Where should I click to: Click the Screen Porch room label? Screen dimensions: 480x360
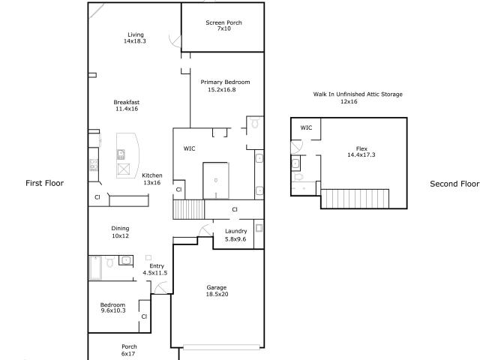tap(223, 22)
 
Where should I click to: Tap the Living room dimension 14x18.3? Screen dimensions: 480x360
tap(135, 41)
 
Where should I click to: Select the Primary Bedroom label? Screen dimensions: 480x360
tap(225, 82)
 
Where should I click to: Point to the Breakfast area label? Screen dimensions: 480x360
tap(127, 102)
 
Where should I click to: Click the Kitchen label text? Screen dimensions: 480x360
tap(152, 175)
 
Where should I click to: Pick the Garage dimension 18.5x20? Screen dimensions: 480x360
tap(217, 294)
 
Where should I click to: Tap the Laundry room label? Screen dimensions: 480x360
tap(236, 232)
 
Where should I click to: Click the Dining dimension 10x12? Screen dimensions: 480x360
tap(120, 235)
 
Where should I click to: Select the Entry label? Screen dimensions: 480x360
tap(157, 266)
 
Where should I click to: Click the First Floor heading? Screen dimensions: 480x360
tap(45, 183)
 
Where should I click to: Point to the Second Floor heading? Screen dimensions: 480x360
tap(454, 184)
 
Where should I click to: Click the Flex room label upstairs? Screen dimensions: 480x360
tap(361, 148)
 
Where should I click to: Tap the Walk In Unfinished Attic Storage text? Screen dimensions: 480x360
tap(358, 94)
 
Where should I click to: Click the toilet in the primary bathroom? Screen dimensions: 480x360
tap(255, 123)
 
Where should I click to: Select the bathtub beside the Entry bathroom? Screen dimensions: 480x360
tap(95, 268)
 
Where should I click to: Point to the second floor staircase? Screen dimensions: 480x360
tap(355, 199)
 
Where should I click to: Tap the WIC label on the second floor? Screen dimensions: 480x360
tap(306, 127)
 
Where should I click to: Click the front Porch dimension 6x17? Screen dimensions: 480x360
tap(128, 354)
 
